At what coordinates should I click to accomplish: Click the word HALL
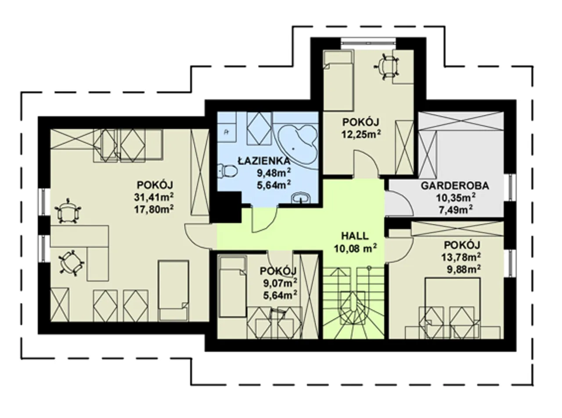click(x=355, y=236)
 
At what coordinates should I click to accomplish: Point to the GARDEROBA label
click(x=455, y=186)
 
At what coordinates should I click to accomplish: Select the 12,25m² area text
click(x=361, y=134)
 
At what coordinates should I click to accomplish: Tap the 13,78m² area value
click(x=461, y=257)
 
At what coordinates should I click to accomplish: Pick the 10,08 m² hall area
click(x=355, y=248)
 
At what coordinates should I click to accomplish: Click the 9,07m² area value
click(x=280, y=284)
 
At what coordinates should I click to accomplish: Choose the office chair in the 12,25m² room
click(x=386, y=65)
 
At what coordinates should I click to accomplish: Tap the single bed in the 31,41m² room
click(x=173, y=291)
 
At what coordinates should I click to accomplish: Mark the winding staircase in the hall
click(x=353, y=303)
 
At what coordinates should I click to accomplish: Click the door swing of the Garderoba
click(x=399, y=204)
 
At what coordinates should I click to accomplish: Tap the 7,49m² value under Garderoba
click(x=456, y=210)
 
